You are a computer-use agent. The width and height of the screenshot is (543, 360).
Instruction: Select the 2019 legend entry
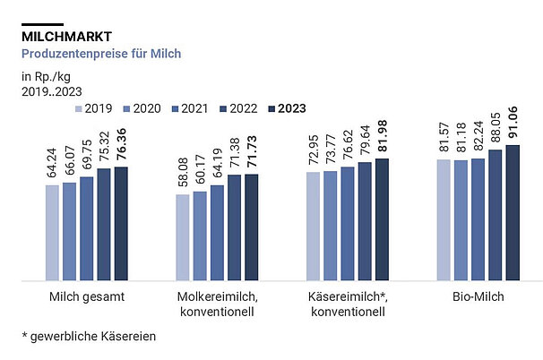(99, 108)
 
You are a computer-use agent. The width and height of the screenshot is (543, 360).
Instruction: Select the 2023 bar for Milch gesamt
(120, 223)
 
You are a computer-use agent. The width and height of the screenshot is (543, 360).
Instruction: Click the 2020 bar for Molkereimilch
(200, 236)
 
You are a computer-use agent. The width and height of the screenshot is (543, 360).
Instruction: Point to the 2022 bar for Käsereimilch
(365, 220)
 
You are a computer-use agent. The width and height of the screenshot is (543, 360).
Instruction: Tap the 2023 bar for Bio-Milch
(513, 212)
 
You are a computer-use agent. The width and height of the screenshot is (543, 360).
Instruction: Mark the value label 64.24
(52, 163)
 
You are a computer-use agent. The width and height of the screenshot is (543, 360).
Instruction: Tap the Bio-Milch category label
(478, 296)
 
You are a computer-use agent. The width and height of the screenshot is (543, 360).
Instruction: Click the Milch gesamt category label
(87, 296)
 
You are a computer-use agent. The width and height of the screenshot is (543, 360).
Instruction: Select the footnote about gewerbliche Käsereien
(90, 336)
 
